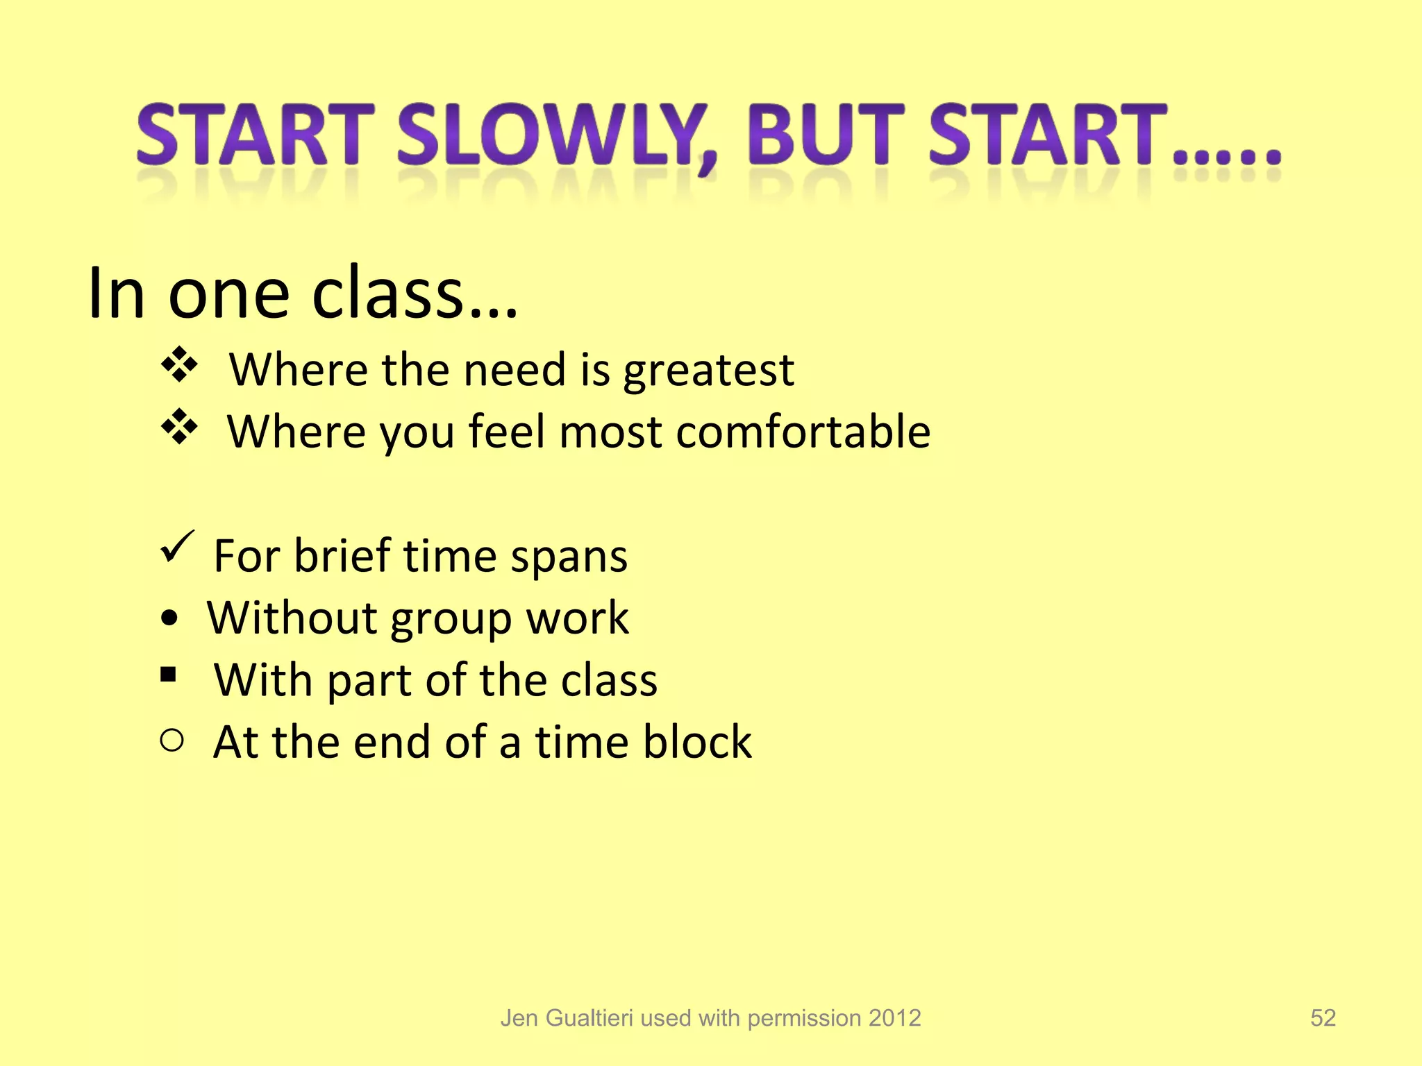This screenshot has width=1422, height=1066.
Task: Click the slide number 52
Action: tap(1323, 1018)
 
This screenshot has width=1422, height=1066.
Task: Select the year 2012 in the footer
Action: tap(894, 1018)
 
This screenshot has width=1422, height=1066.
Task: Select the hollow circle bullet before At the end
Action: tap(172, 741)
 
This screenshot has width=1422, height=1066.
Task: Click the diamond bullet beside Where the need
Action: tap(179, 365)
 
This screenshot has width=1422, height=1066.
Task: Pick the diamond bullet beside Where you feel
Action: tap(179, 427)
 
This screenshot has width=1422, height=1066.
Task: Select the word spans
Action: tap(569, 557)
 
